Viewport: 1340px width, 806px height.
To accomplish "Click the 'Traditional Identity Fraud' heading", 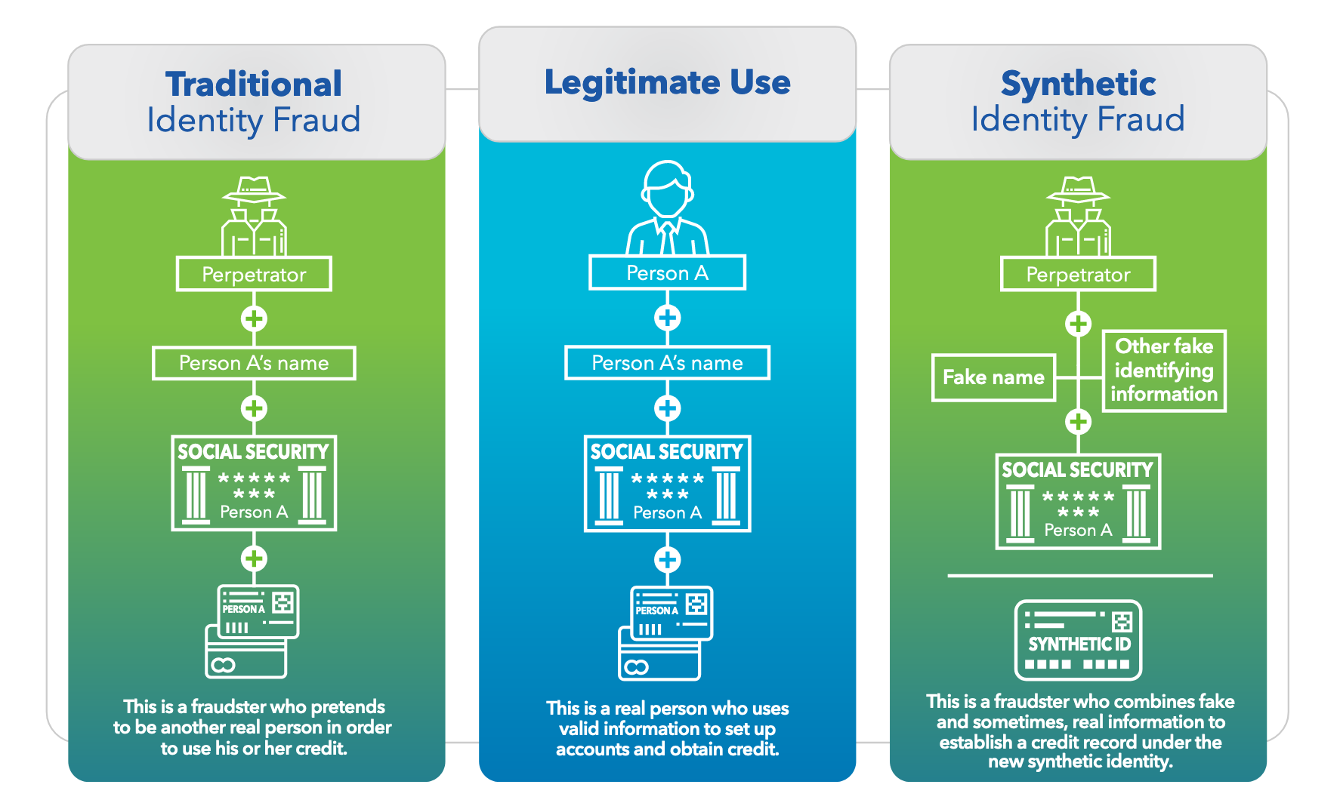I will tap(254, 102).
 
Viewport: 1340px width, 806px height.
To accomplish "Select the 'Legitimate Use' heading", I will tap(667, 82).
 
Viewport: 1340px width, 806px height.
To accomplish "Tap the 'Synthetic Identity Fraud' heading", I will tap(1078, 102).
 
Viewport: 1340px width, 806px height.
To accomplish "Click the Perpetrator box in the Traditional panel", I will tap(254, 274).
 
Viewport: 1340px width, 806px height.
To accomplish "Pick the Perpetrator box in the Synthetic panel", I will tap(1078, 274).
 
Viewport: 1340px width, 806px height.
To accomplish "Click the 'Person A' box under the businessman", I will tap(667, 272).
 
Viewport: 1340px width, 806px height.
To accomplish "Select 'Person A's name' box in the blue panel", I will tap(667, 363).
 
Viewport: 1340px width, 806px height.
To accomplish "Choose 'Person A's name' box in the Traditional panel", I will tap(254, 363).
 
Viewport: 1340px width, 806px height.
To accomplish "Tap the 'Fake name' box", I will tap(993, 377).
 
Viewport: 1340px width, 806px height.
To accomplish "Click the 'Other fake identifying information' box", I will tap(1164, 371).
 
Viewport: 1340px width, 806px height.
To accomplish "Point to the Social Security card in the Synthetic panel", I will tap(1078, 501).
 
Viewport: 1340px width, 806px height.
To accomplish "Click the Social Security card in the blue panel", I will tap(667, 484).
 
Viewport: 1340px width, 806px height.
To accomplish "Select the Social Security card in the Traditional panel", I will tap(254, 483).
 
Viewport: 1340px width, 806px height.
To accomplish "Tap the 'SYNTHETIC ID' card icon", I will tap(1078, 640).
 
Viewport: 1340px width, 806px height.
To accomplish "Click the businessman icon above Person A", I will tap(667, 208).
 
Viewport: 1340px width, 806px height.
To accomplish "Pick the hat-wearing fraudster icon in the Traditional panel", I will tap(254, 216).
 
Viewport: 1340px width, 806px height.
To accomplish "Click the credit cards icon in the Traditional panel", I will tap(252, 631).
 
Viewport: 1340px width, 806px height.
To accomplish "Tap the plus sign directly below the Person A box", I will tap(667, 318).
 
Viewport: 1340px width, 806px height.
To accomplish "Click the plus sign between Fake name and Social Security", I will tap(1078, 421).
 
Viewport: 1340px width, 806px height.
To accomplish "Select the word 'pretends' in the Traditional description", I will tap(348, 707).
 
